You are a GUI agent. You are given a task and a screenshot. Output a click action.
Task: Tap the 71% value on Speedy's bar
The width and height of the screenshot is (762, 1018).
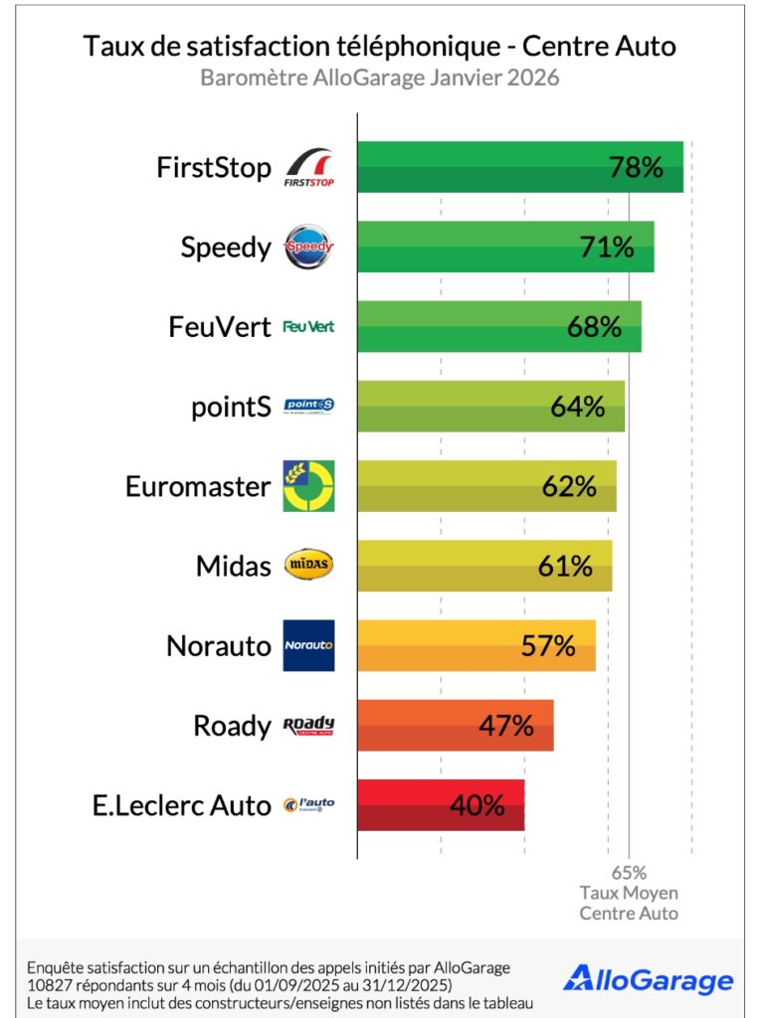[x=607, y=247]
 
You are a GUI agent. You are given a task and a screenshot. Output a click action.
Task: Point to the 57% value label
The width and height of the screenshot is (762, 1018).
[x=548, y=646]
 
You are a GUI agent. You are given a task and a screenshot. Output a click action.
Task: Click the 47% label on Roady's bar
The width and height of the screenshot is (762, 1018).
[x=506, y=726]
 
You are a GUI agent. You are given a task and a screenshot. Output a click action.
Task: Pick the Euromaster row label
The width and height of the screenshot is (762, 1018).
[x=198, y=486]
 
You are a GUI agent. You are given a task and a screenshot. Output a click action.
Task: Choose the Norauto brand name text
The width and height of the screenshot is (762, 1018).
[x=219, y=646]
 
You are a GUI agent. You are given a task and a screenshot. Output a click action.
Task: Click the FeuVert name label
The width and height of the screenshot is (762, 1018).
[x=220, y=326]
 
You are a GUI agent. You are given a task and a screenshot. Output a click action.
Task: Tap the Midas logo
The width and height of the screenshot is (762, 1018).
[x=308, y=566]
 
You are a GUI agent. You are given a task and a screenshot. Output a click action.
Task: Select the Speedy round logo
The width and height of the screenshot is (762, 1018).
[x=308, y=248]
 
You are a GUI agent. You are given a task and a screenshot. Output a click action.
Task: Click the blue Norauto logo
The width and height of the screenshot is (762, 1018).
[x=308, y=645]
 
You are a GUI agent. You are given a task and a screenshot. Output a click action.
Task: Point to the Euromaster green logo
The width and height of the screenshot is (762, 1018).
[x=308, y=486]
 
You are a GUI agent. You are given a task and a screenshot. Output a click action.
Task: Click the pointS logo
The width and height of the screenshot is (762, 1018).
[x=308, y=406]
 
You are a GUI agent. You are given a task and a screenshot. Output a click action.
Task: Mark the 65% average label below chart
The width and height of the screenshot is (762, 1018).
[x=629, y=874]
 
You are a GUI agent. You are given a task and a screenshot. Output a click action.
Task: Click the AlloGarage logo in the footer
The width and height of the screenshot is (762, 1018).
[x=648, y=979]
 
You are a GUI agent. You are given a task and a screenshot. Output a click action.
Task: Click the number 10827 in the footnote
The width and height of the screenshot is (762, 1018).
[x=52, y=984]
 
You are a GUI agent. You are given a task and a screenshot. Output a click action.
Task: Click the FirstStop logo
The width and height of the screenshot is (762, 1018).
[x=309, y=168]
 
